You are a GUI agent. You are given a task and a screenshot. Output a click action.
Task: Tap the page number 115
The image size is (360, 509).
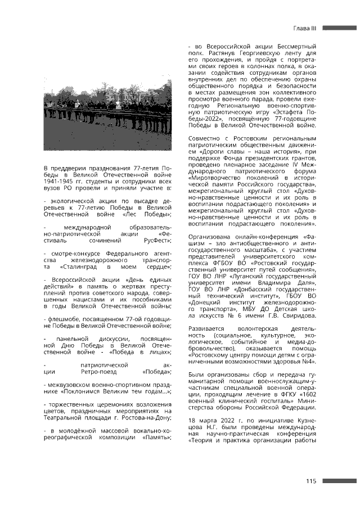coord(312,480)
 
